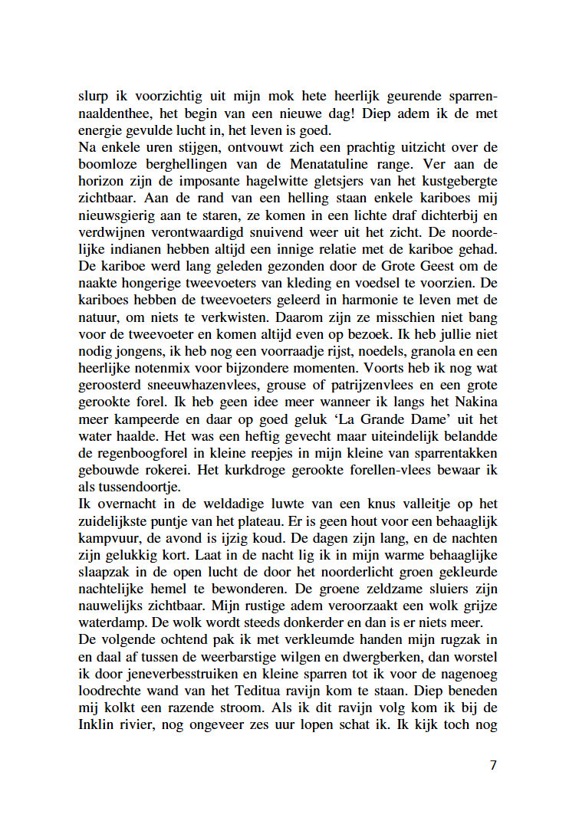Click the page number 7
(493, 765)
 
